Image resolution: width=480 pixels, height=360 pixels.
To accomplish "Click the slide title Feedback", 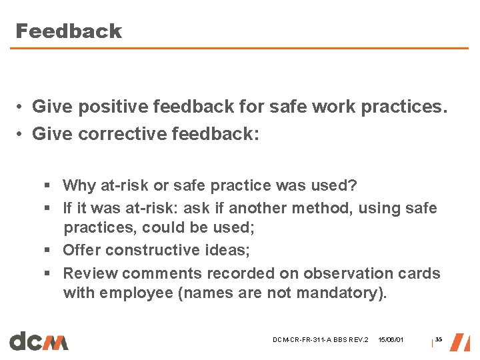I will pyautogui.click(x=68, y=31).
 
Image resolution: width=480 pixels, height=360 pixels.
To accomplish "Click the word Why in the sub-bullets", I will pyautogui.click(x=79, y=185).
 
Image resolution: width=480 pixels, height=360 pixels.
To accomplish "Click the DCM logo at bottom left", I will pyautogui.click(x=39, y=341).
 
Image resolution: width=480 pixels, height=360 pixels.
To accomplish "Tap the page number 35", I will pyautogui.click(x=439, y=340).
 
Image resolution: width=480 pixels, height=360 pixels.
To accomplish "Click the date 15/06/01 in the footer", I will pyautogui.click(x=391, y=341).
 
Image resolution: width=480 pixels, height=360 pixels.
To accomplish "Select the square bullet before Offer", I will pyautogui.click(x=49, y=251).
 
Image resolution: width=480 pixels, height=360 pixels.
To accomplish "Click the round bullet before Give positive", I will pyautogui.click(x=22, y=107).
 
